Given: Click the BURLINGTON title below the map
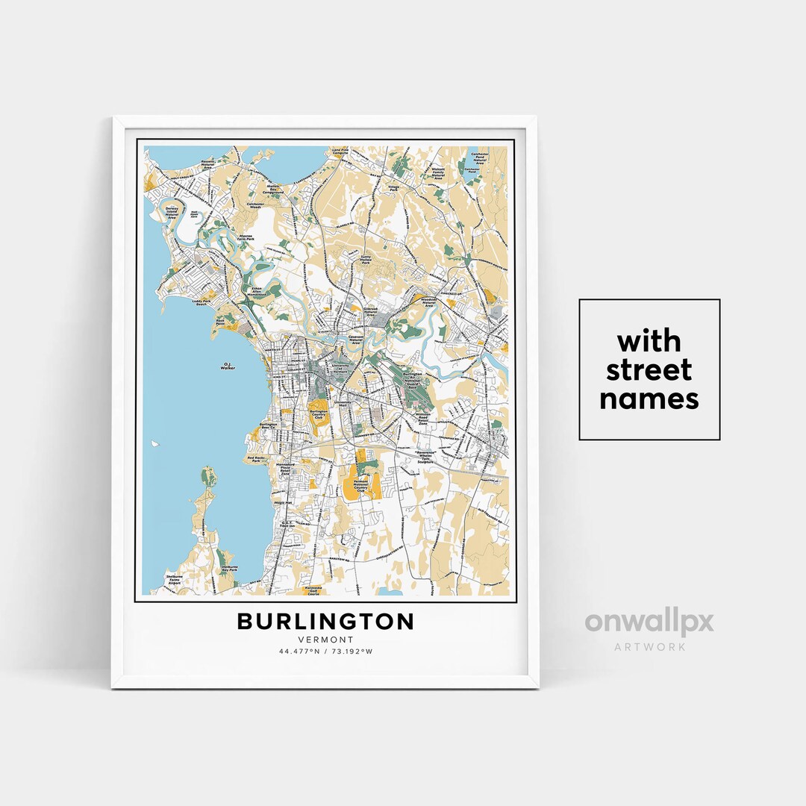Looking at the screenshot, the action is pyautogui.click(x=325, y=621).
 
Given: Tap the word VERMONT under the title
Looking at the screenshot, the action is pyautogui.click(x=325, y=639).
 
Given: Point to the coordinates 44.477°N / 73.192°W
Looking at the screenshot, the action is pyautogui.click(x=325, y=652).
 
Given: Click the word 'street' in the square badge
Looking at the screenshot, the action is pyautogui.click(x=649, y=370).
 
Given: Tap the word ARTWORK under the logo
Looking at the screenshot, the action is pyautogui.click(x=649, y=646).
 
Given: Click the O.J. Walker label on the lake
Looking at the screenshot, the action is pyautogui.click(x=228, y=366).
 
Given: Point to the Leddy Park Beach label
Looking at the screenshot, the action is pyautogui.click(x=201, y=302).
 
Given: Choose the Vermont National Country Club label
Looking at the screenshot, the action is pyautogui.click(x=360, y=487).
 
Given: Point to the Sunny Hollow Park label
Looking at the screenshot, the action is pyautogui.click(x=366, y=260).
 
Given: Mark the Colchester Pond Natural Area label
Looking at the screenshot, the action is pyautogui.click(x=478, y=158).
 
